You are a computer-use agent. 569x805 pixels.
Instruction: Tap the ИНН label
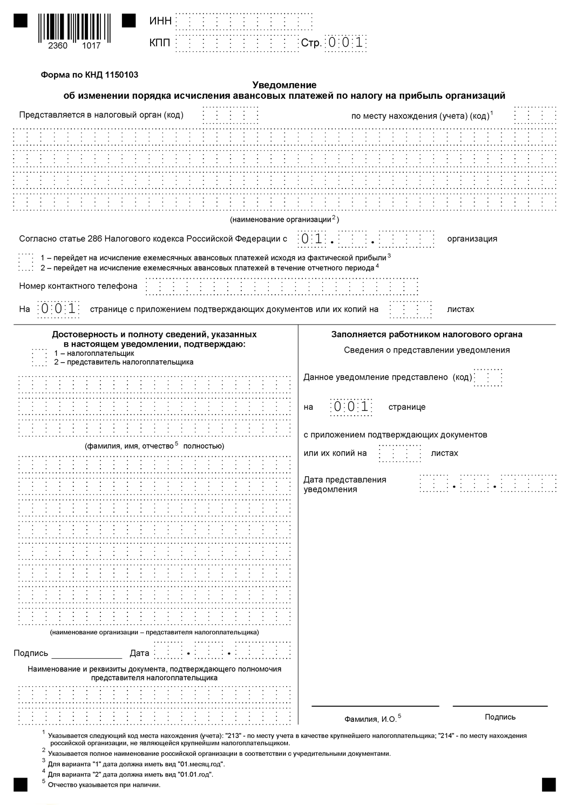160,21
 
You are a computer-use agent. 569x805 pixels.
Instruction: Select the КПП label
160,43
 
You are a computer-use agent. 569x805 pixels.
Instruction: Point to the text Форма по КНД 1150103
90,75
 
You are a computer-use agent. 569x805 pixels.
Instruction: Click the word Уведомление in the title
284,85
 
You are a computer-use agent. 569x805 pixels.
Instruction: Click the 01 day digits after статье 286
312,239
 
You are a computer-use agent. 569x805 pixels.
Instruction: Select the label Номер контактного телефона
78,286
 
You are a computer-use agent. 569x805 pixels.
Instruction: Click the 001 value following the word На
58,309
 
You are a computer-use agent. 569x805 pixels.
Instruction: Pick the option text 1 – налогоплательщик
94,353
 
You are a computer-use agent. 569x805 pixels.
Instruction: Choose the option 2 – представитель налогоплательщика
124,362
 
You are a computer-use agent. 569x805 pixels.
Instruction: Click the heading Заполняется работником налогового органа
426,334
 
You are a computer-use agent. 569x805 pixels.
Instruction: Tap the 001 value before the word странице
351,407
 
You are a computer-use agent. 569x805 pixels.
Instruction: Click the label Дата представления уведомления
344,484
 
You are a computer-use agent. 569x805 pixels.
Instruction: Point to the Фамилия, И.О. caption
372,719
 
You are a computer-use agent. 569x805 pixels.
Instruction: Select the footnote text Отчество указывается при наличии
104,784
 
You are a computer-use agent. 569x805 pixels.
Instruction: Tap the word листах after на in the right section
444,453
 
